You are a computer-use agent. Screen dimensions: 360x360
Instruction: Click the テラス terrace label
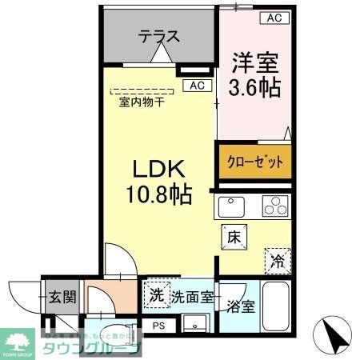(x=158, y=37)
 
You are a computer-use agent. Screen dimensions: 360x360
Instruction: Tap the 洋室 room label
(x=256, y=61)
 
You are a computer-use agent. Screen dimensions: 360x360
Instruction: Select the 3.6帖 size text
(x=256, y=86)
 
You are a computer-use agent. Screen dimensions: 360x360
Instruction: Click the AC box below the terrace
(x=197, y=85)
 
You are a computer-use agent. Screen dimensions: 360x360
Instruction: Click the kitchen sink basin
(x=231, y=206)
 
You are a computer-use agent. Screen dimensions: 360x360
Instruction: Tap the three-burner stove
(x=274, y=206)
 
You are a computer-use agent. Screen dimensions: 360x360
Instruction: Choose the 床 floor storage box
(x=233, y=237)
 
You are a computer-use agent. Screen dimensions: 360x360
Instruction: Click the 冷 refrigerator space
(x=276, y=259)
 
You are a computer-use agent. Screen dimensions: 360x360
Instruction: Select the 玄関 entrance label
(x=59, y=298)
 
